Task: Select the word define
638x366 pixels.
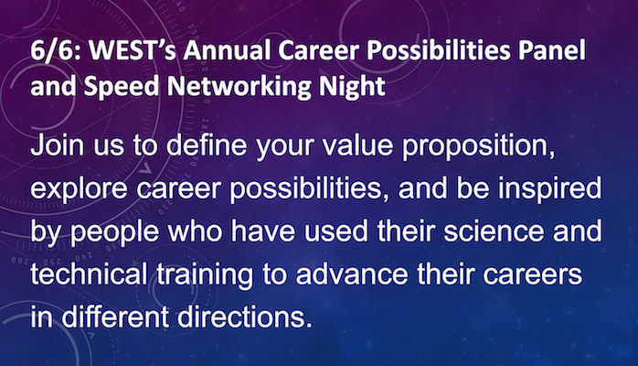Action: [x=207, y=145]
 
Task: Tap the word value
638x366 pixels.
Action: [x=358, y=145]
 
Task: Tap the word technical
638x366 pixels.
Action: [x=89, y=274]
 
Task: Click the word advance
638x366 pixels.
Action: [x=352, y=274]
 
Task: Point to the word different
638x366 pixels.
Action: [x=115, y=317]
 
